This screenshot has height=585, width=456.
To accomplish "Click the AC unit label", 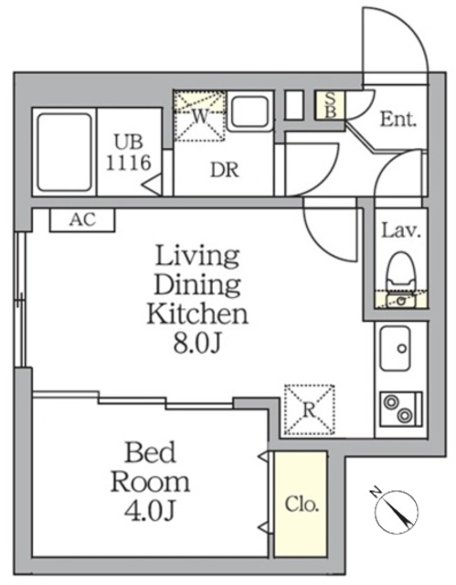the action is point(83,219).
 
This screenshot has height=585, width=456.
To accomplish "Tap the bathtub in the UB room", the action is point(65,153).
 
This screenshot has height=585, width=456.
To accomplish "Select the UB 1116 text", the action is point(129,153).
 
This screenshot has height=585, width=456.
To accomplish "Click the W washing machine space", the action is point(200,116).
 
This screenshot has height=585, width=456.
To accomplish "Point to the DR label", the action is point(225,170).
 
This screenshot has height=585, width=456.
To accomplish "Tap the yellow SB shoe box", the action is point(330,105).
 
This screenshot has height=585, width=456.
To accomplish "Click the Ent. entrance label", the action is point(398,120).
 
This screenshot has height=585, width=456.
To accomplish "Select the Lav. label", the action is point(401,231).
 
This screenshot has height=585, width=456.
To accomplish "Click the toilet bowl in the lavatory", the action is point(401,271).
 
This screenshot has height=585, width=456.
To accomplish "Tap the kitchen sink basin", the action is point(396,348).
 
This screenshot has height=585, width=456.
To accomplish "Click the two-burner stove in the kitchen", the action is point(401,409).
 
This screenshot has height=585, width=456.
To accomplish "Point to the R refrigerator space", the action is point(309,409).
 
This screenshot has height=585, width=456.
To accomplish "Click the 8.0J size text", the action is point(197,344).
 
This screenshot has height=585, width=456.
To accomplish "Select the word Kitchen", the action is point(197,314).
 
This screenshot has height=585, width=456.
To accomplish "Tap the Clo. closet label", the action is point(302,505).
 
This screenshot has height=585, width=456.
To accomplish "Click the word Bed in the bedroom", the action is point(150,452).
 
